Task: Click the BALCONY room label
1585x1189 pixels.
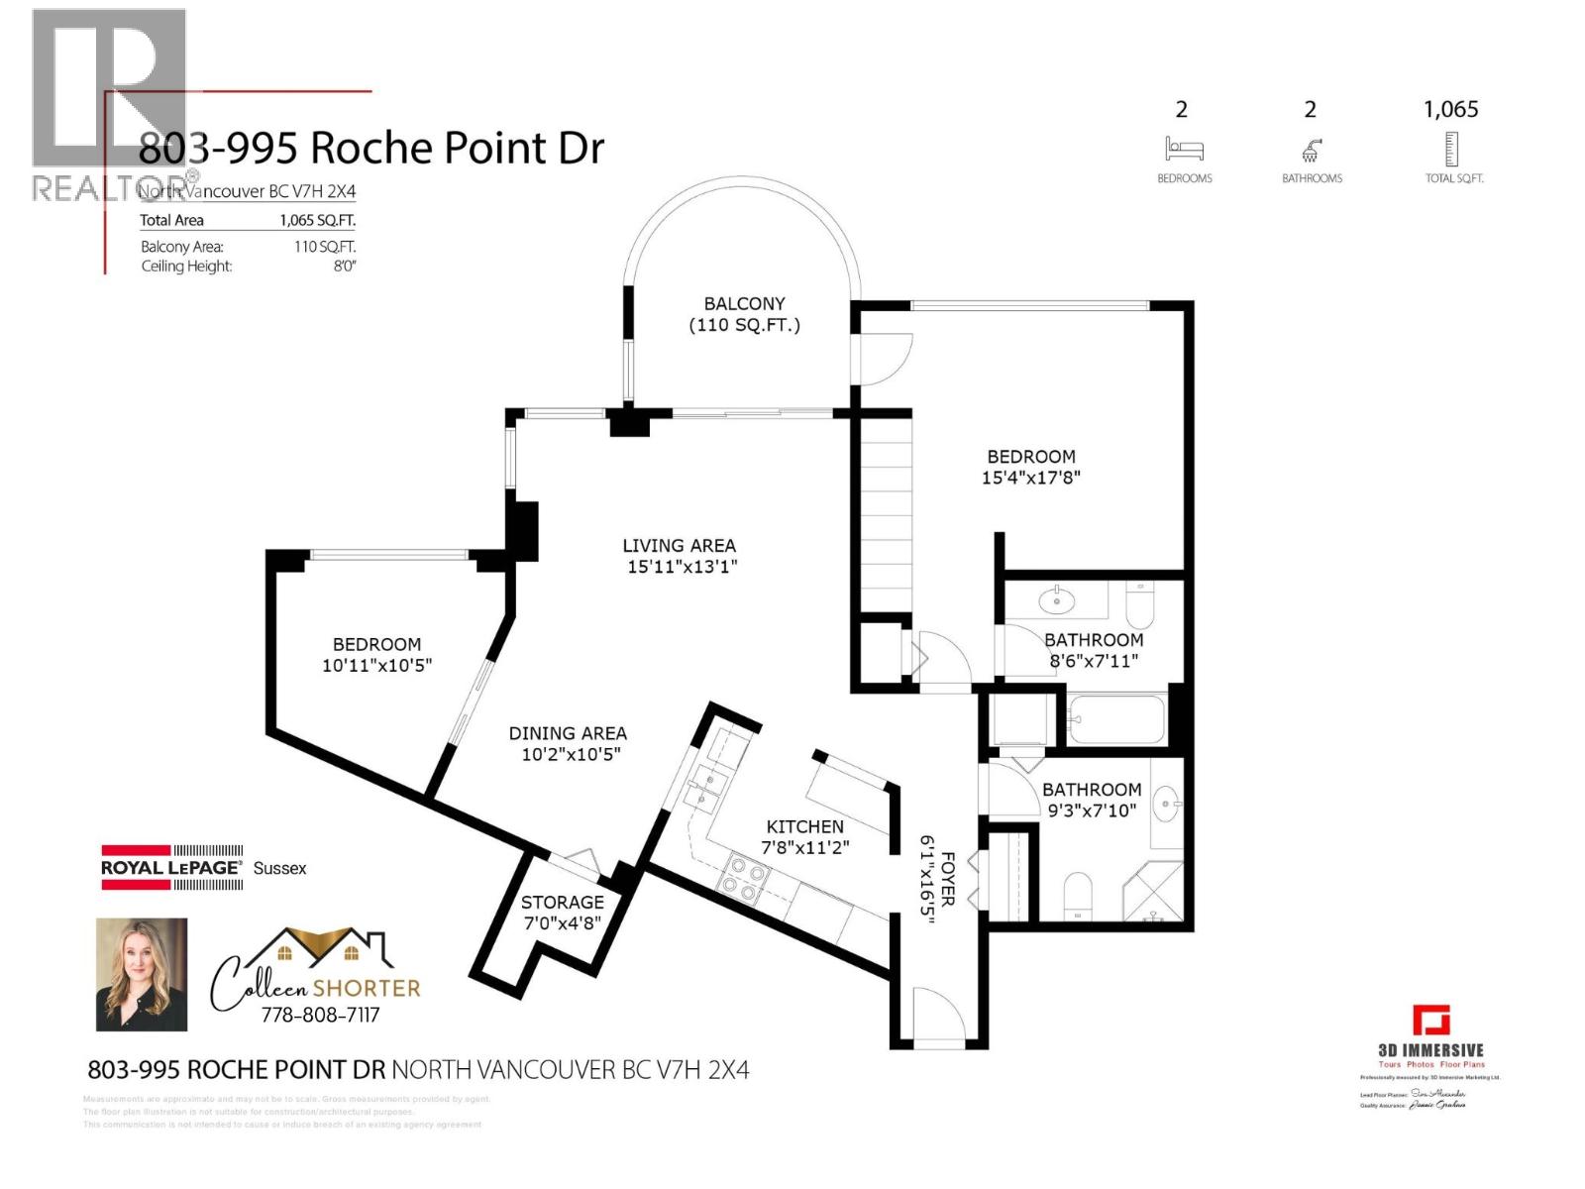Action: point(744,304)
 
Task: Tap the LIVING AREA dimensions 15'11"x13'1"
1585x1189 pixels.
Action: point(682,567)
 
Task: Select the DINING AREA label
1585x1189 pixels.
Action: point(568,733)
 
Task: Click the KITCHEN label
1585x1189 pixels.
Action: point(804,826)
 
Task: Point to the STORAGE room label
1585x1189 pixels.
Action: point(562,902)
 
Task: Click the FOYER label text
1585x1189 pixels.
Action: point(947,878)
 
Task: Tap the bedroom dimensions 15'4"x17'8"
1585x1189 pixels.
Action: point(1030,478)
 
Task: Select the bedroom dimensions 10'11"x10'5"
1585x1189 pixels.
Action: point(376,665)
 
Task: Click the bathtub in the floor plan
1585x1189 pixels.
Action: point(1116,718)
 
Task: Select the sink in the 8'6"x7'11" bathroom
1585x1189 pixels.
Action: point(1057,599)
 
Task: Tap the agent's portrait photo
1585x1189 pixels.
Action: point(141,974)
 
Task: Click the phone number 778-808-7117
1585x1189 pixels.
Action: point(319,1015)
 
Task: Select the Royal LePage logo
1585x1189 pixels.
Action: point(171,867)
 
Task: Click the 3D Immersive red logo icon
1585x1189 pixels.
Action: point(1430,1020)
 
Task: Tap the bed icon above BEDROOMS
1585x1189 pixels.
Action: point(1184,150)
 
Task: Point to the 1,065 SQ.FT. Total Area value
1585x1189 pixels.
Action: point(317,220)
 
